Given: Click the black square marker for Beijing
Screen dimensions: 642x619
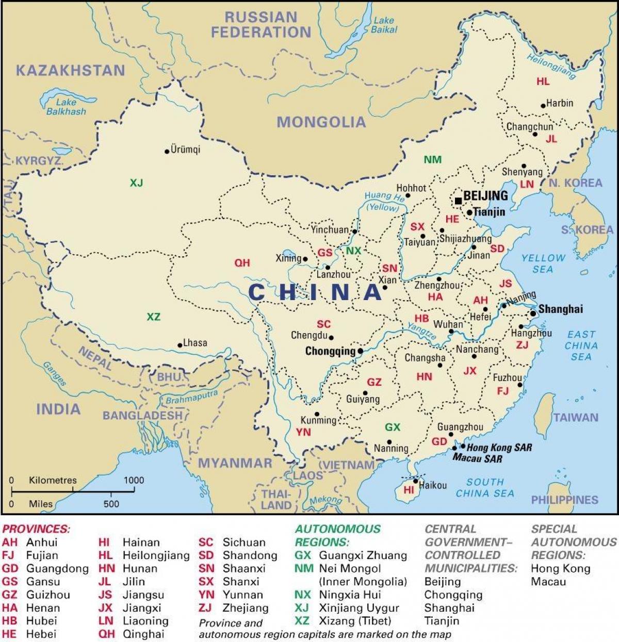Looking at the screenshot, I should click(458, 201).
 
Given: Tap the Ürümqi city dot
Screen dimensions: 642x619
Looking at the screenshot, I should click(167, 152).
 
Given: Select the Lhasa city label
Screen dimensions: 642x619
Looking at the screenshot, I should click(195, 343).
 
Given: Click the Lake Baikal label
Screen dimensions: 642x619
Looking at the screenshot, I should click(384, 25).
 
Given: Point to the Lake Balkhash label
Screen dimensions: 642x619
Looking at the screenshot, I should click(66, 107).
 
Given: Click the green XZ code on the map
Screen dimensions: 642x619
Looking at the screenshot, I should click(153, 317).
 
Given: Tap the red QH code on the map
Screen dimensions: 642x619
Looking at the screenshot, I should click(242, 263).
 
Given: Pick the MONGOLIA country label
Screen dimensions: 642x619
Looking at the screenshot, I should click(321, 122).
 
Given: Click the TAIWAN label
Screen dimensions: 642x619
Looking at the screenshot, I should click(576, 418).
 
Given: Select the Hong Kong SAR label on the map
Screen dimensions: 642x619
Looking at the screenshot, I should click(499, 448).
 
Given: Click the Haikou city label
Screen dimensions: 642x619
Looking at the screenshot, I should click(433, 485).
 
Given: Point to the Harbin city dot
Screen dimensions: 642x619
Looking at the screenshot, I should click(543, 106).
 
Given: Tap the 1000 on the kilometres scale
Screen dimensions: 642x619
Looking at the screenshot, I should click(134, 480).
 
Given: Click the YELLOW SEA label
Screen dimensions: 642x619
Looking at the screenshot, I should click(543, 263).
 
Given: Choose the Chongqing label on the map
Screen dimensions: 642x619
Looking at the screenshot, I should click(330, 351).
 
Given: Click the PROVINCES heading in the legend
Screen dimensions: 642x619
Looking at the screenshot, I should click(36, 529).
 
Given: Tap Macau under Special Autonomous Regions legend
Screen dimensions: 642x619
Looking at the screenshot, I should click(548, 582).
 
